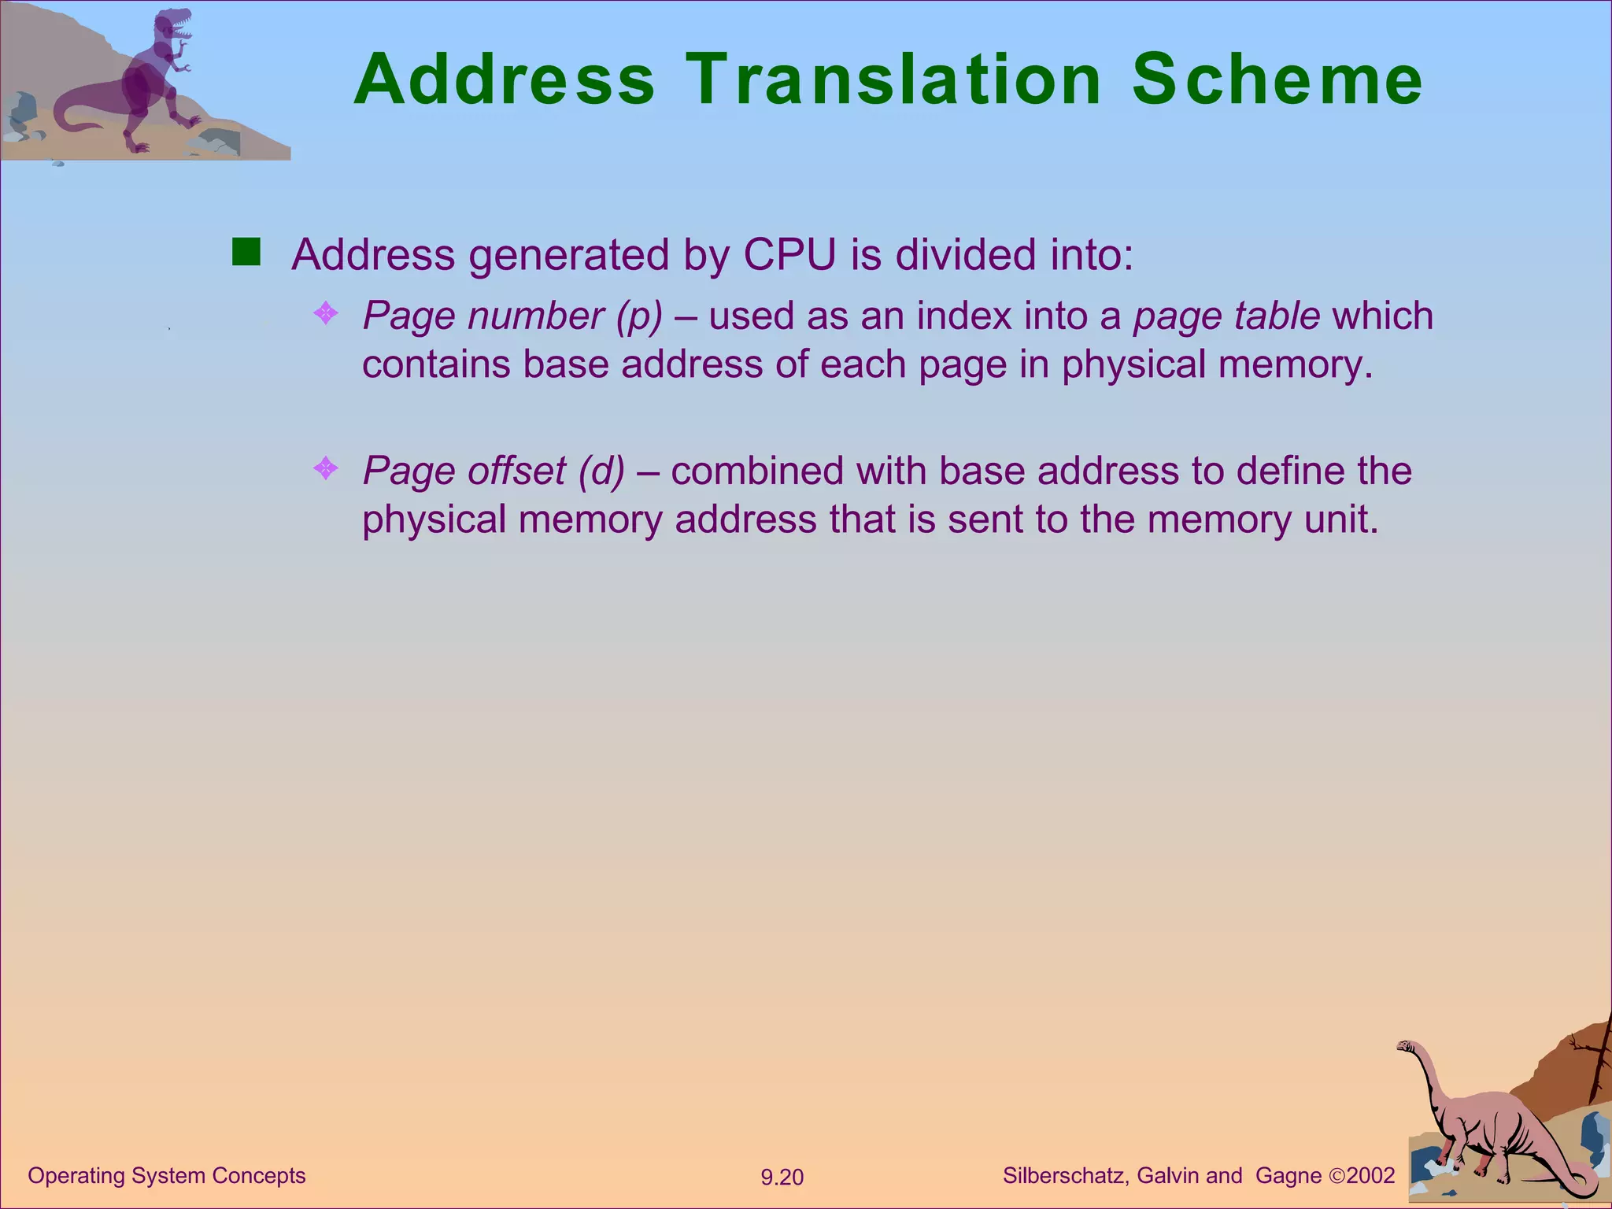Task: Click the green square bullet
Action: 246,253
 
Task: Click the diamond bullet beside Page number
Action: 326,314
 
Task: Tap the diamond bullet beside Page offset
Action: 326,469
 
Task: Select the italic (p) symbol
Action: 639,316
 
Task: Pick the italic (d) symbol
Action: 601,471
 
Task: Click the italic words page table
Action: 1226,316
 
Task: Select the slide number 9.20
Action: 782,1178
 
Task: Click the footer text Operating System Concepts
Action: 167,1175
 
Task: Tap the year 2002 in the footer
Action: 1370,1175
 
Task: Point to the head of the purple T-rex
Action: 173,25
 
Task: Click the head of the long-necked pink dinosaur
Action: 1405,1047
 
